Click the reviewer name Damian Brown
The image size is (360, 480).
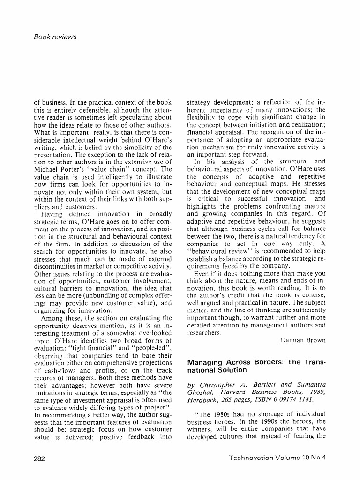302,340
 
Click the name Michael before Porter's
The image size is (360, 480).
48,168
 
